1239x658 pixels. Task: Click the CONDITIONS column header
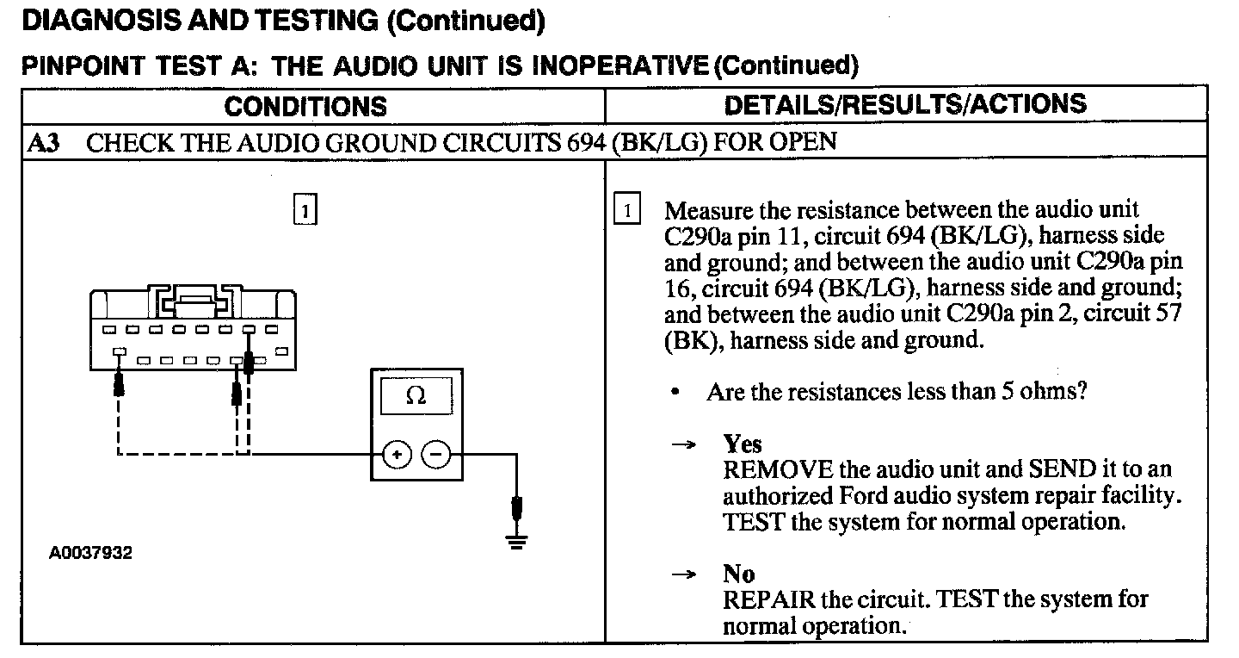coord(305,107)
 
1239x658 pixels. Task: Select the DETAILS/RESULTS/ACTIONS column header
coord(905,104)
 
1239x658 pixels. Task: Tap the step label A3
coord(44,143)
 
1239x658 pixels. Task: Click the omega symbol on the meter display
coord(416,396)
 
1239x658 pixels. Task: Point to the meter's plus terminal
coord(396,454)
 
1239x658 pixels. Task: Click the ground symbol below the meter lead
coord(516,542)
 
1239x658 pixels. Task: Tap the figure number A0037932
coord(91,553)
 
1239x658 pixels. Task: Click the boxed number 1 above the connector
coord(305,210)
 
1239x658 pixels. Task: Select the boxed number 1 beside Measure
coord(627,211)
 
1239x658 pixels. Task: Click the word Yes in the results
coord(743,444)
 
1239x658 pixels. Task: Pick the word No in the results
coord(738,574)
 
